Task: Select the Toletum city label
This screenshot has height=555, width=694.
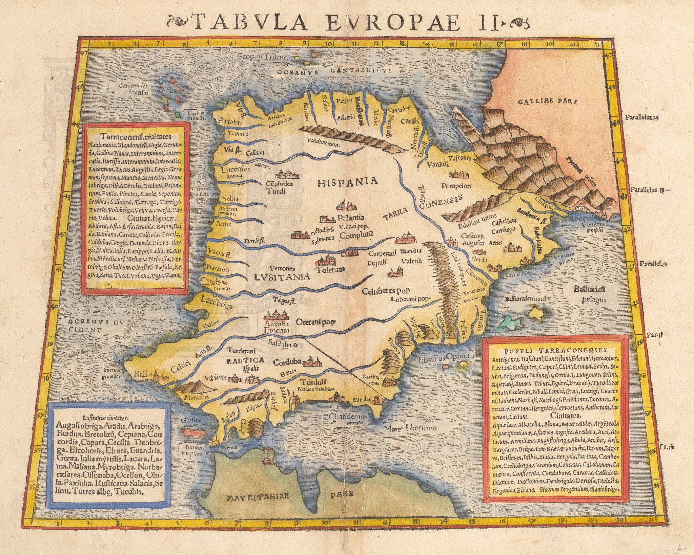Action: click(330, 270)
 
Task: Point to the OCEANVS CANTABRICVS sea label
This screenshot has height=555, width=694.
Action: click(334, 71)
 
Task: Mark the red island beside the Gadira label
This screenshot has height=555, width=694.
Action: click(193, 432)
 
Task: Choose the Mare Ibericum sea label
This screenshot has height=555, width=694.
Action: click(410, 428)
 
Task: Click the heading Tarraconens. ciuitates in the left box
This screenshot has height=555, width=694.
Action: click(136, 136)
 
